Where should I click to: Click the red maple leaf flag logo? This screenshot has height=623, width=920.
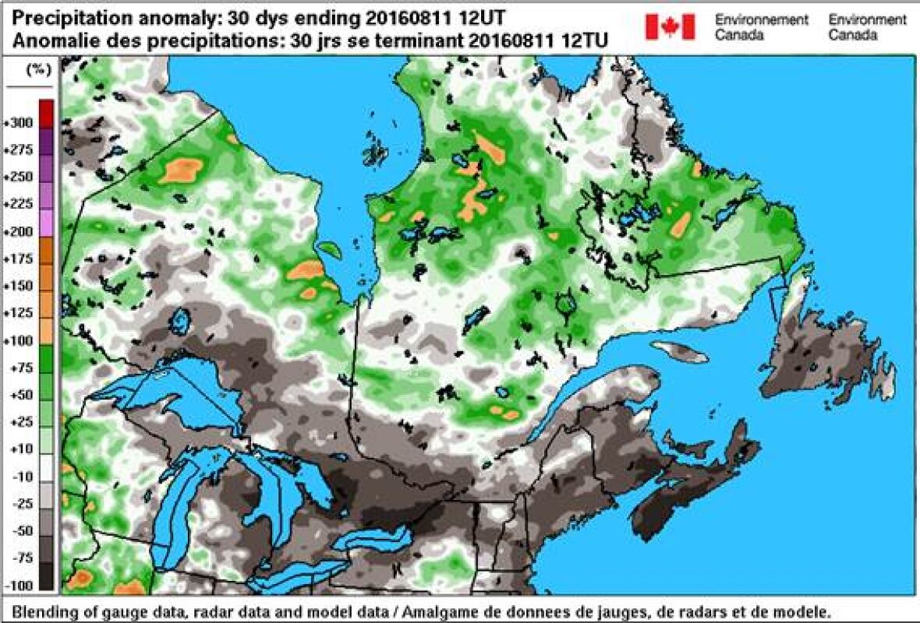[670, 26]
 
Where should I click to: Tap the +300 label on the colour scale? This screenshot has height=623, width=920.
[19, 123]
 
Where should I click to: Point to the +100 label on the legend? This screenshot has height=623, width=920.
[19, 341]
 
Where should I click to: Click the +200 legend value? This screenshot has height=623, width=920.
[19, 232]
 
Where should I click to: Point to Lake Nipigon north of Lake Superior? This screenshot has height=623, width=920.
[182, 319]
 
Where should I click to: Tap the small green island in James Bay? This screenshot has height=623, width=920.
[330, 250]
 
